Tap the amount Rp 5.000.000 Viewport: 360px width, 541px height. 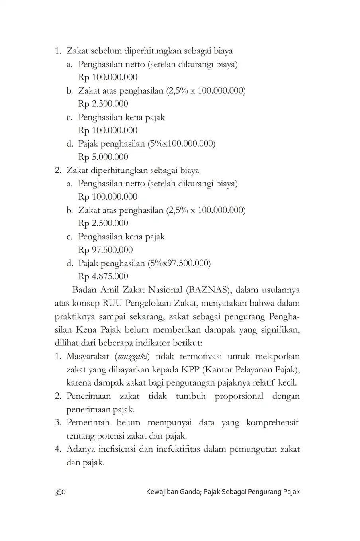point(103,157)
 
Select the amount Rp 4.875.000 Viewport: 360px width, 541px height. point(103,276)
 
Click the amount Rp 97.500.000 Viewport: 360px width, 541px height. point(106,250)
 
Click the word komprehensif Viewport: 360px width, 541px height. point(273,423)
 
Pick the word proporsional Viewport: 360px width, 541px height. point(239,396)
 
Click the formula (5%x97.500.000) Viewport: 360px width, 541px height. point(179,263)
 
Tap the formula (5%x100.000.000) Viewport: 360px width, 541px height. point(181,144)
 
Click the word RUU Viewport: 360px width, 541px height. point(113,303)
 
